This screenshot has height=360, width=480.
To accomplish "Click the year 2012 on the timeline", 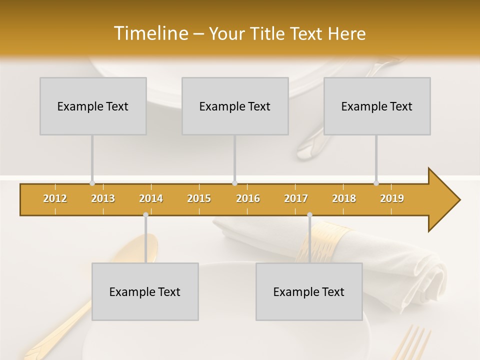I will (55, 198).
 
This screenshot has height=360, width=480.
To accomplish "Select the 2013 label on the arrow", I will (103, 198).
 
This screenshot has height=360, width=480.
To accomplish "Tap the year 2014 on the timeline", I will (151, 198).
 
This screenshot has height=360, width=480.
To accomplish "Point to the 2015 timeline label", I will (199, 198).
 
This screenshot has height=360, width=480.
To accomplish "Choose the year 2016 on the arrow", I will (248, 198).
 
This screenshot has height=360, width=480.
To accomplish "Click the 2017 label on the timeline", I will (296, 198).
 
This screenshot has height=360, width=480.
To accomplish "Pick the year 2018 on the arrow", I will (344, 198).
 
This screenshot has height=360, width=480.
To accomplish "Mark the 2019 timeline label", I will (392, 198).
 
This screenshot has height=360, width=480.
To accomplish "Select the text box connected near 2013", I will (93, 106).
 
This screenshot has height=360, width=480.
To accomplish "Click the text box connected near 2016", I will (235, 106).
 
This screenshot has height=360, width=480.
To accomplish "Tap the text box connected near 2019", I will (377, 106).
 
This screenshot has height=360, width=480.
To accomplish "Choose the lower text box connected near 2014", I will (145, 291).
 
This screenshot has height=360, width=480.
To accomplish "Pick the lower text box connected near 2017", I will (309, 291).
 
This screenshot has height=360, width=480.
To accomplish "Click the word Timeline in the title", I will (150, 33).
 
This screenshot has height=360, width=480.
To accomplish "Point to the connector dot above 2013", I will (92, 183).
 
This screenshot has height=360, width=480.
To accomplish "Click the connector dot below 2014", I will (145, 215).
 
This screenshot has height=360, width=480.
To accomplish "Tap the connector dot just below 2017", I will (309, 215).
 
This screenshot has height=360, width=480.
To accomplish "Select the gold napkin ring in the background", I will (325, 240).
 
